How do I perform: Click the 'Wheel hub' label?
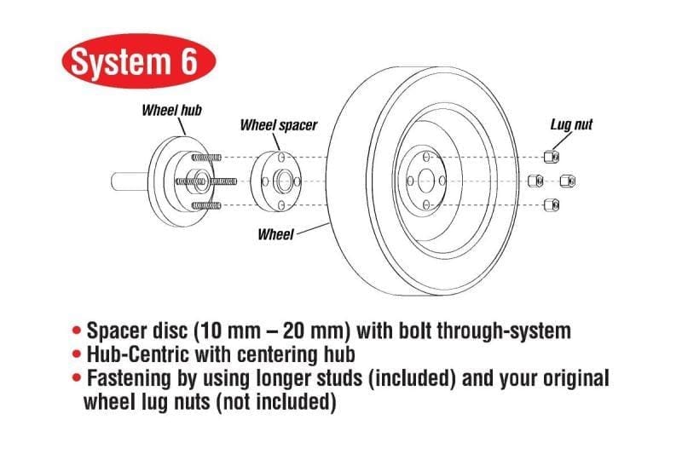point(171,109)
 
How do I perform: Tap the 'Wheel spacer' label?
point(279,125)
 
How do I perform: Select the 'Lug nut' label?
point(571,125)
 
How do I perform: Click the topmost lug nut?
point(551,156)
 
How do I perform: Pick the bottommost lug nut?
point(551,204)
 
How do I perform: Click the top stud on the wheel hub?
point(207,157)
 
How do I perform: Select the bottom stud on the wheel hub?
point(207,205)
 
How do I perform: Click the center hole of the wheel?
point(425,181)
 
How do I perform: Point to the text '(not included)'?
point(276,401)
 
